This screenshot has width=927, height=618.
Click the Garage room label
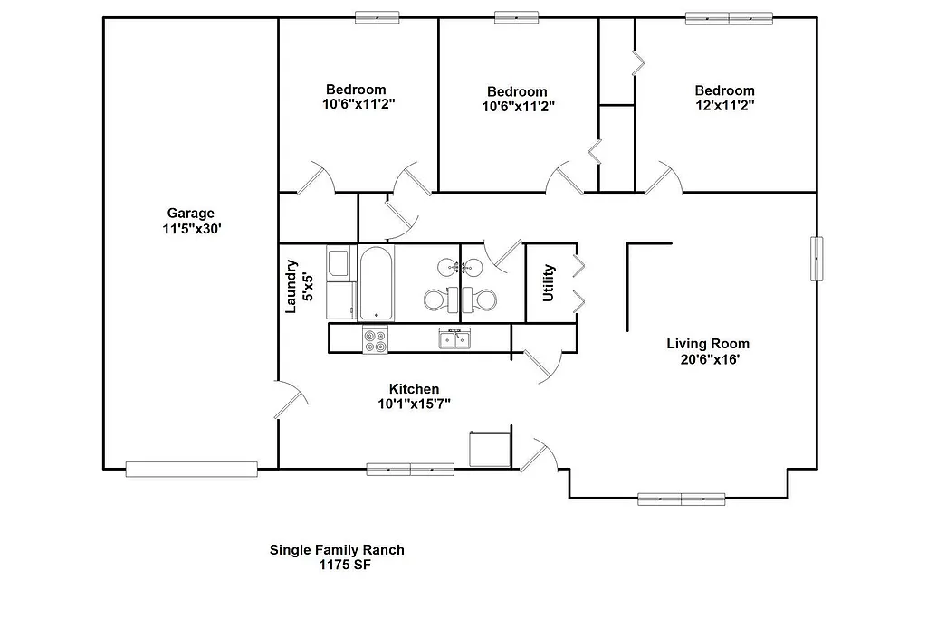[190, 214]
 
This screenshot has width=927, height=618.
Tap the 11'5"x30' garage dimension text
[190, 230]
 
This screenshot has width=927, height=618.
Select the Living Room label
[708, 344]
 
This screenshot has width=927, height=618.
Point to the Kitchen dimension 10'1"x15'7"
[414, 404]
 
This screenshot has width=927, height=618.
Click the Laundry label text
[291, 286]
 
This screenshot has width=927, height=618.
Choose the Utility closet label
[548, 283]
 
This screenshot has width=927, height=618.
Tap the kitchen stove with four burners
[375, 340]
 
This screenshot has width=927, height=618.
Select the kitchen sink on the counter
[454, 338]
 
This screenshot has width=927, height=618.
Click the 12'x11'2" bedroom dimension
[724, 105]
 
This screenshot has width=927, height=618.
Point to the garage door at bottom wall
[191, 469]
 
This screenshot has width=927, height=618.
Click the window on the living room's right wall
[817, 259]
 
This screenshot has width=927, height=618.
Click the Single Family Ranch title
[337, 549]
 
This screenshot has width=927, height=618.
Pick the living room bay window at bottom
[681, 498]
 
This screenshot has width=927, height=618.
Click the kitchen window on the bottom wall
[410, 469]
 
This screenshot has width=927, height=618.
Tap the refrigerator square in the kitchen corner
[490, 449]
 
